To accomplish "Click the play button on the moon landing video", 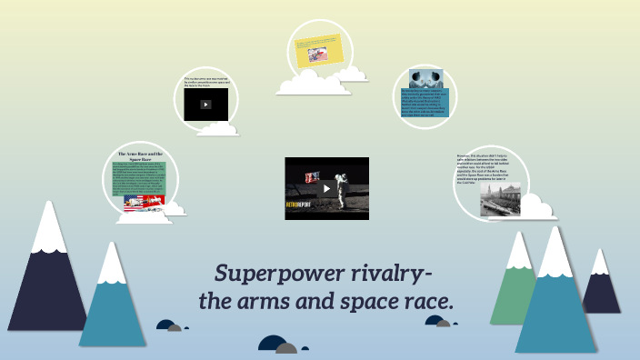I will click(326, 189).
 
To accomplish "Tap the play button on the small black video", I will click(206, 105).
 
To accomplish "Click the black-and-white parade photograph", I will click(500, 199).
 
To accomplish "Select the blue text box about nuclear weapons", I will click(425, 102).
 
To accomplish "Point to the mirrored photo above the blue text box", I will click(425, 78).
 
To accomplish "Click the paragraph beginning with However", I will click(487, 168).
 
